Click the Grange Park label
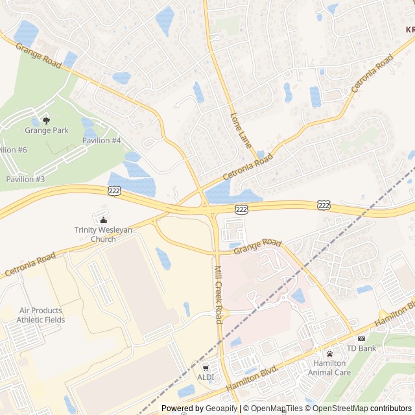[x=47, y=130]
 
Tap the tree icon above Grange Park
[x=46, y=120]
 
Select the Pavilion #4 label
[x=102, y=141]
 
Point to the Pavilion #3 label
[x=25, y=179]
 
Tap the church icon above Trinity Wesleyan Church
[x=104, y=219]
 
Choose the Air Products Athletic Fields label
[x=42, y=315]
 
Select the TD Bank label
[x=361, y=348]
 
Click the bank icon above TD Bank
[x=361, y=338]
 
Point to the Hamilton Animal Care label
[x=331, y=368]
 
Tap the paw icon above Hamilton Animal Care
[x=330, y=353]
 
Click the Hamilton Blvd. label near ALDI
[x=252, y=377]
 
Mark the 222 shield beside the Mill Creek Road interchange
[x=241, y=209]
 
